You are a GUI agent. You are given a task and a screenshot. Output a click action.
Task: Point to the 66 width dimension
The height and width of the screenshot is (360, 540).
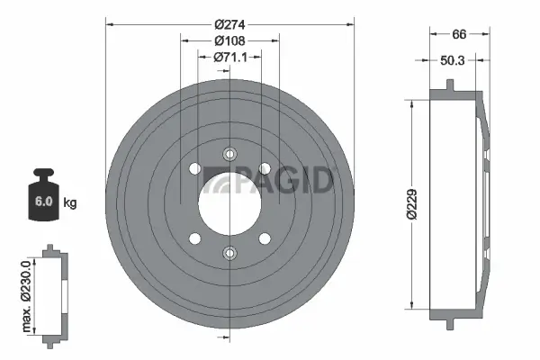pyautogui.click(x=459, y=34)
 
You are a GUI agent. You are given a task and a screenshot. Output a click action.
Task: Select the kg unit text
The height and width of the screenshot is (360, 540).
pyautogui.click(x=70, y=202)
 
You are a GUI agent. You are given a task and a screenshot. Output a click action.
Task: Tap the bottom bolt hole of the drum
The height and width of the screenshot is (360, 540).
pyautogui.click(x=229, y=254)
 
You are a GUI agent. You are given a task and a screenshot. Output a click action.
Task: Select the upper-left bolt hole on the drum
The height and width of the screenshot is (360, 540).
pyautogui.click(x=194, y=168)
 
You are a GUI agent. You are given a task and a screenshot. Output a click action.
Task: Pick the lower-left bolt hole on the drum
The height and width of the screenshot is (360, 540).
pyautogui.click(x=194, y=238)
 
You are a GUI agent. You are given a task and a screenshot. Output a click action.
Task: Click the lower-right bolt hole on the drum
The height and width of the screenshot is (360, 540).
pyautogui.click(x=264, y=238)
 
